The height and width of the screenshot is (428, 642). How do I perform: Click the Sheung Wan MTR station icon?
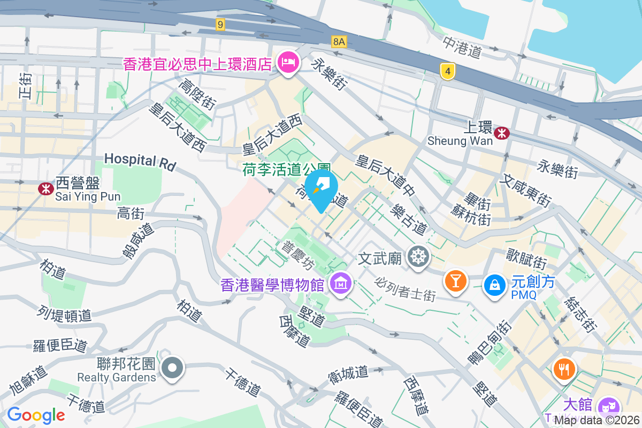(502, 133)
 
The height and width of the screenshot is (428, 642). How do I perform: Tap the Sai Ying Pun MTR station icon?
(46, 188)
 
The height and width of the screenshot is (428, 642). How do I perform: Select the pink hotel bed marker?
(288, 63)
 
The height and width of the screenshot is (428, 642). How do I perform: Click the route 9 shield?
(220, 24)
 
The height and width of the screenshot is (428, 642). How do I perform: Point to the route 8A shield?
(339, 41)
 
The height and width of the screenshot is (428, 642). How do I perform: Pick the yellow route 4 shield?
(448, 71)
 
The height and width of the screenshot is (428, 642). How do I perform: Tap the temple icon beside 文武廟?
(417, 257)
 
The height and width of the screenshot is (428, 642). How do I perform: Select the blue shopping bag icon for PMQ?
(495, 285)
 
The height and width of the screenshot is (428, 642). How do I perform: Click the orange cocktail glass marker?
(455, 280)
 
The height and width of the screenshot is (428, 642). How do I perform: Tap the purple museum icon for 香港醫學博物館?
(341, 284)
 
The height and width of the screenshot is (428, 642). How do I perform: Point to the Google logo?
(36, 415)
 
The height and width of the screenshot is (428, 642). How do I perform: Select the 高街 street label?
(131, 214)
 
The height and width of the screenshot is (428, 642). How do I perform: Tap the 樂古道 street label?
(409, 219)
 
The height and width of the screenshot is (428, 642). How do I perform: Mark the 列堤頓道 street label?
(65, 315)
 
